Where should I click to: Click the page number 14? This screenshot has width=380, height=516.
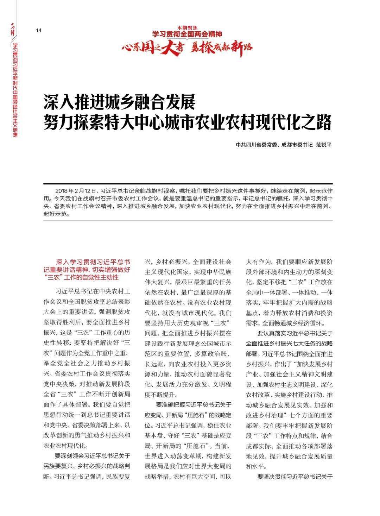tap(39, 31)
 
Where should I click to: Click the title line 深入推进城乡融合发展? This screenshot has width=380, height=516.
tap(119, 102)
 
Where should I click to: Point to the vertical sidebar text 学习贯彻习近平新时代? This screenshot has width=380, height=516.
tap(15, 67)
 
